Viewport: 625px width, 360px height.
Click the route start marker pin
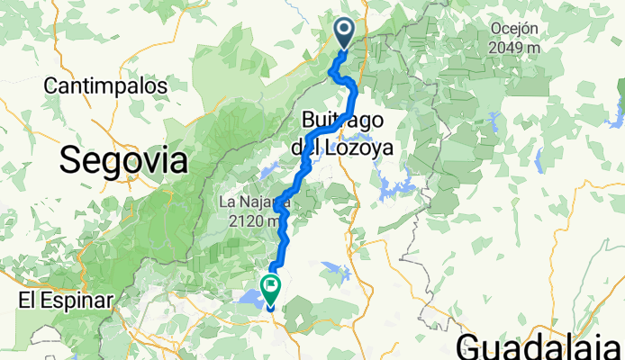[x=346, y=33]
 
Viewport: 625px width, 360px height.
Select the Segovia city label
[x=124, y=161]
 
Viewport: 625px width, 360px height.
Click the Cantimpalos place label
[x=106, y=85]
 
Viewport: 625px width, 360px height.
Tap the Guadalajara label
[x=540, y=346]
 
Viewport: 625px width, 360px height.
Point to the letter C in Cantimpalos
[x=50, y=85]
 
